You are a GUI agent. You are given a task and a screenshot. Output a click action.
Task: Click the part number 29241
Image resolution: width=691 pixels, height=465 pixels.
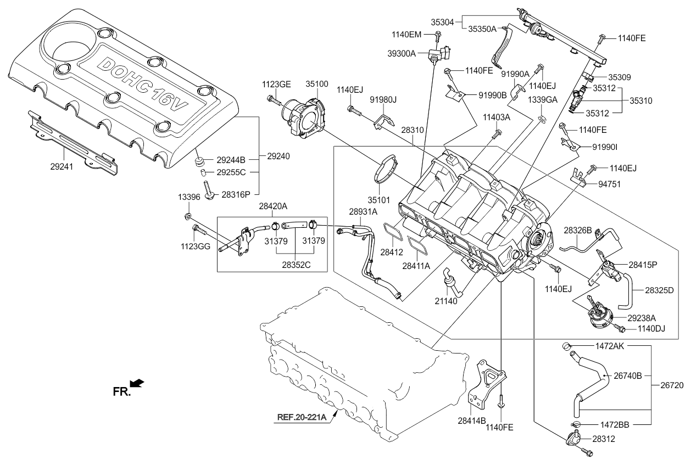[x=62, y=166]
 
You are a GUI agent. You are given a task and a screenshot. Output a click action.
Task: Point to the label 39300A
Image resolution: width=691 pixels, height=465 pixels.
[x=402, y=54]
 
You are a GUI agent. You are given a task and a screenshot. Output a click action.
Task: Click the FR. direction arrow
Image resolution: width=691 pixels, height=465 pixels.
[x=137, y=383]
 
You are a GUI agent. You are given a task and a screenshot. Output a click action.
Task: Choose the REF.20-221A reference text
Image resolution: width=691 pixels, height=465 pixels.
[x=302, y=417]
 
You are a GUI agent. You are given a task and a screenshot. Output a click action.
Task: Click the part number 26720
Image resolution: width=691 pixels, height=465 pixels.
[x=672, y=385]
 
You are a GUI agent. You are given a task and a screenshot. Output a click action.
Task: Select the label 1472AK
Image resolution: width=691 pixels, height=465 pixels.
[x=610, y=346]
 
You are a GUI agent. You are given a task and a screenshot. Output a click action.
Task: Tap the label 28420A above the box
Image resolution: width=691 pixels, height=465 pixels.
[x=273, y=206]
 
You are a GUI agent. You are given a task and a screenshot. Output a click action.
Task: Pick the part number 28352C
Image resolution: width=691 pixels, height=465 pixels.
[x=296, y=265]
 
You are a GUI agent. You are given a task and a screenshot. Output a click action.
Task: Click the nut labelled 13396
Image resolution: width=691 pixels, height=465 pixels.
[x=187, y=216]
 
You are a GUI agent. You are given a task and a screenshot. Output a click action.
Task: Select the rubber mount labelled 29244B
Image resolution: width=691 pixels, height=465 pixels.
[x=199, y=161]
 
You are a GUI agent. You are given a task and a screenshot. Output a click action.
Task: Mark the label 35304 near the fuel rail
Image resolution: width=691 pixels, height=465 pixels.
[x=442, y=22]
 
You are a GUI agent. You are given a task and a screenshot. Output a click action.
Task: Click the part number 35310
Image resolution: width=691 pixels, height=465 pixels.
[x=640, y=101]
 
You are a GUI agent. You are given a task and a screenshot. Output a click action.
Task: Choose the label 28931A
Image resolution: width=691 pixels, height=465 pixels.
[x=363, y=212]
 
